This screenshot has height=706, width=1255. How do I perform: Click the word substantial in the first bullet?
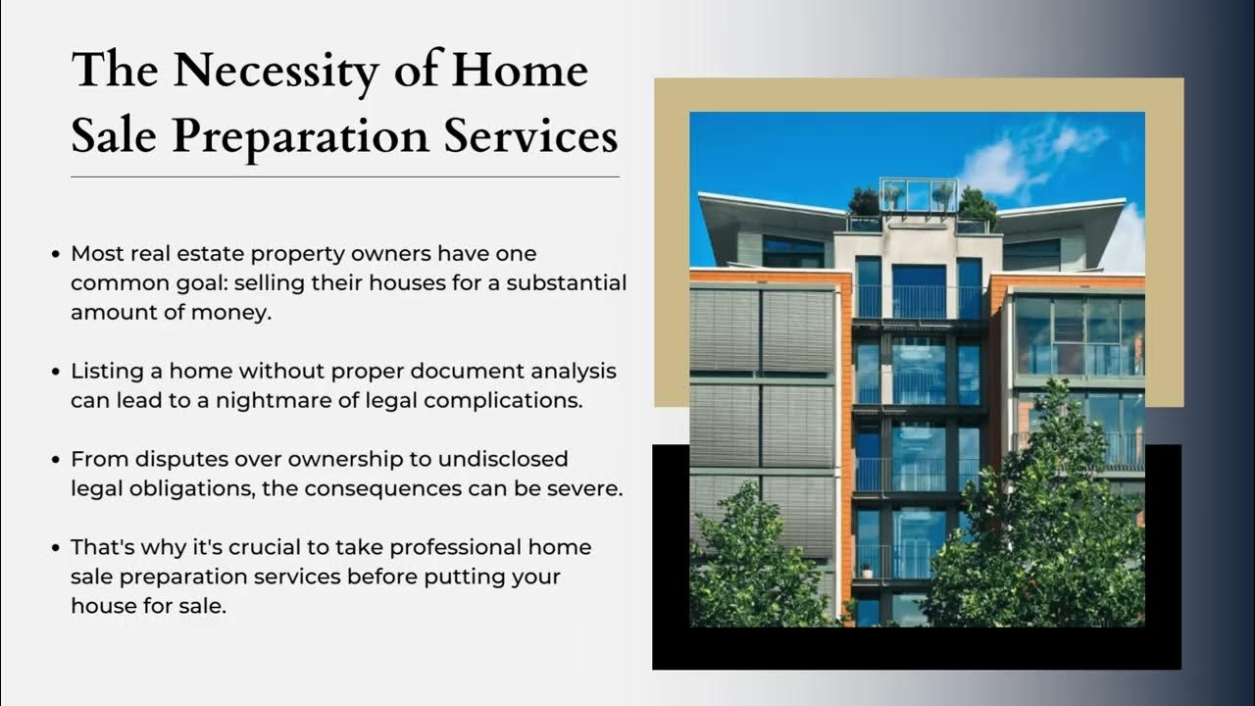pyautogui.click(x=570, y=283)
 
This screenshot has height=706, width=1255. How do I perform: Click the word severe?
pyautogui.click(x=586, y=488)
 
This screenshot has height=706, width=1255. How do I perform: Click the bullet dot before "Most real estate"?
pyautogui.click(x=57, y=255)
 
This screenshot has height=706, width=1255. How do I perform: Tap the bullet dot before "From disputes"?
pyautogui.click(x=57, y=460)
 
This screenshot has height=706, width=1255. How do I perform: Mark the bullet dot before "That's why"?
pyautogui.click(x=57, y=547)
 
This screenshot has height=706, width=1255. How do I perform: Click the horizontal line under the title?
pyautogui.click(x=344, y=176)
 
